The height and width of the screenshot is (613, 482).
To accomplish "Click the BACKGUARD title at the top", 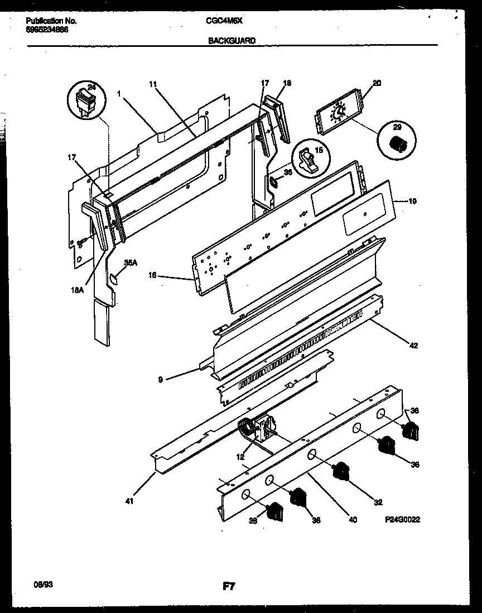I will (x=232, y=40).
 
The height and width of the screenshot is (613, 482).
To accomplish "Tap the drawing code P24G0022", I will (x=402, y=519).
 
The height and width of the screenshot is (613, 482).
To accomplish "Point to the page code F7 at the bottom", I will (x=229, y=586).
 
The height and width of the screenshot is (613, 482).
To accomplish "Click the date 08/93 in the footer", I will (x=36, y=583).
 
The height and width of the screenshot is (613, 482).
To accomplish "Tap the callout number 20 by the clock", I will (x=377, y=84).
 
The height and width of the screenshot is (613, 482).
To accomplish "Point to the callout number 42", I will (x=413, y=346).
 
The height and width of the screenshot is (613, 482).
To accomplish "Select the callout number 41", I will (x=129, y=501).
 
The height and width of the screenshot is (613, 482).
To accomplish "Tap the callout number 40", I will (x=352, y=519).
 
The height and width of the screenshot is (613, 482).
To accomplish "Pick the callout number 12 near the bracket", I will (x=240, y=456).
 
